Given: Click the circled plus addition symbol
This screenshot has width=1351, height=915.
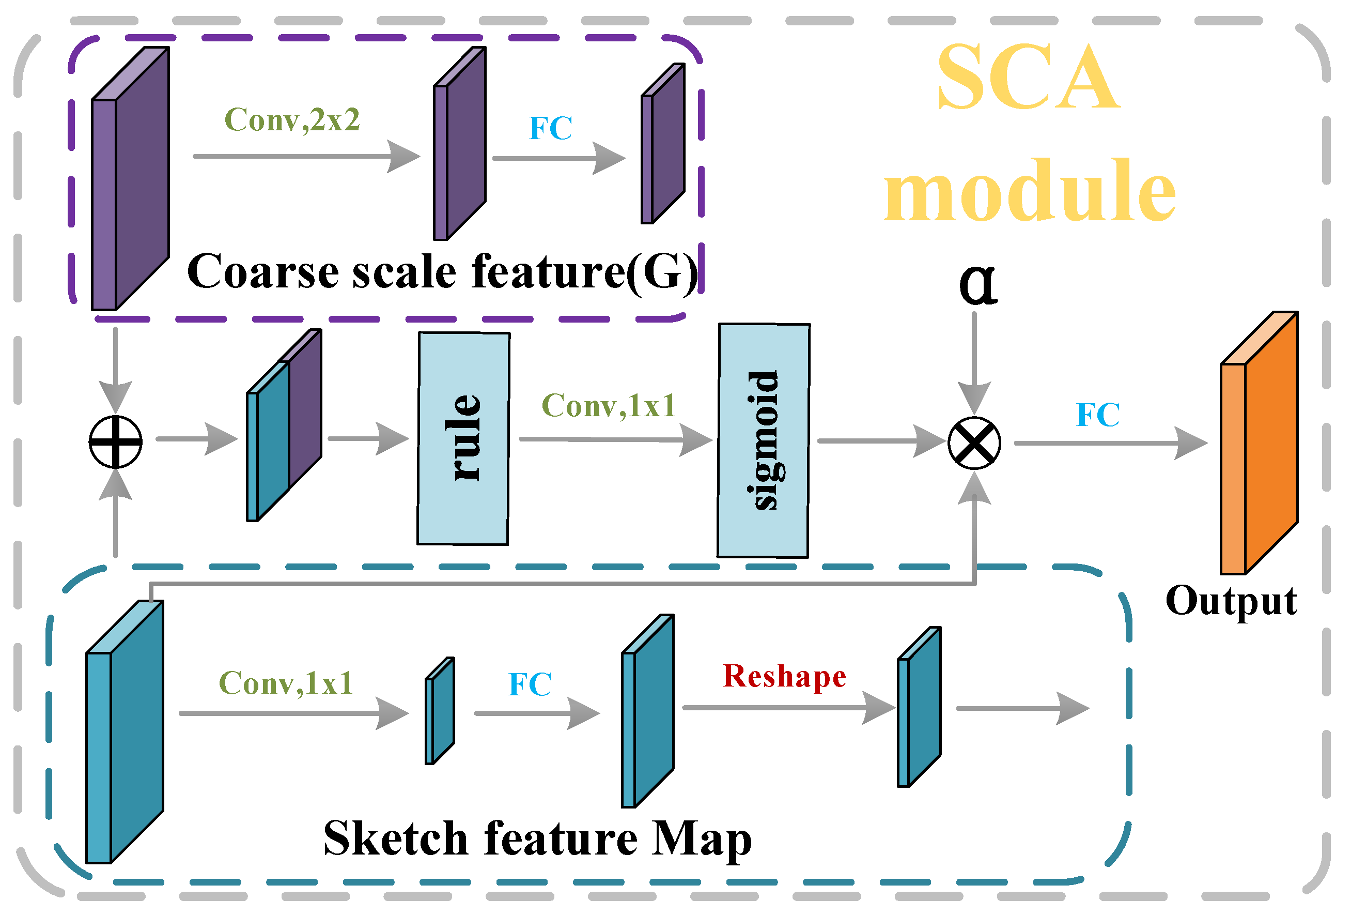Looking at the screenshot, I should click(x=115, y=442).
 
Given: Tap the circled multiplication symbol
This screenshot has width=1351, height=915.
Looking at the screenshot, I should click(x=974, y=443).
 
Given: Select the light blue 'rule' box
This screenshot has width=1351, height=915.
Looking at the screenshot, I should click(x=463, y=438).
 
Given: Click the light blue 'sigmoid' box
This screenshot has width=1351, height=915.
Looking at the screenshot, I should click(x=763, y=440).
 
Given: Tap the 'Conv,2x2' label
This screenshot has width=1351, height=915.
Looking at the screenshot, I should click(x=292, y=120).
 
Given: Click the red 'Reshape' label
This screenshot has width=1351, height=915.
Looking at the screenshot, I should click(x=784, y=677).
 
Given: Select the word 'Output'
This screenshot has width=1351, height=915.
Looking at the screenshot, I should click(x=1231, y=601).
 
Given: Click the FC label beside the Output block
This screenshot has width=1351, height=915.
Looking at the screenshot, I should click(x=1097, y=415).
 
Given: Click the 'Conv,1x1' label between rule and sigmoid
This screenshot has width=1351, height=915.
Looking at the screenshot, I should click(x=608, y=405).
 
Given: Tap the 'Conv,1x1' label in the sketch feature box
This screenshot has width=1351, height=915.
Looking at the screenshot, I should click(x=285, y=683).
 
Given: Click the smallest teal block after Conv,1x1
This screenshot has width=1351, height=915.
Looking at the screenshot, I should click(x=440, y=711).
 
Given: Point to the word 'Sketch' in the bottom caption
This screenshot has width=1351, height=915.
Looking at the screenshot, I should click(x=395, y=839).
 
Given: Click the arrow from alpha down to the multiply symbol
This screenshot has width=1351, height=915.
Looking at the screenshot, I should click(x=974, y=361).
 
